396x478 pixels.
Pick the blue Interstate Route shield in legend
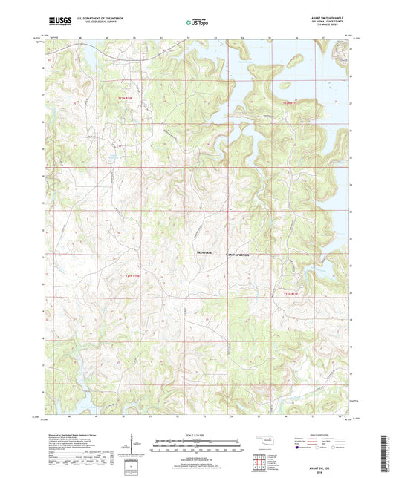[x=299, y=448]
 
